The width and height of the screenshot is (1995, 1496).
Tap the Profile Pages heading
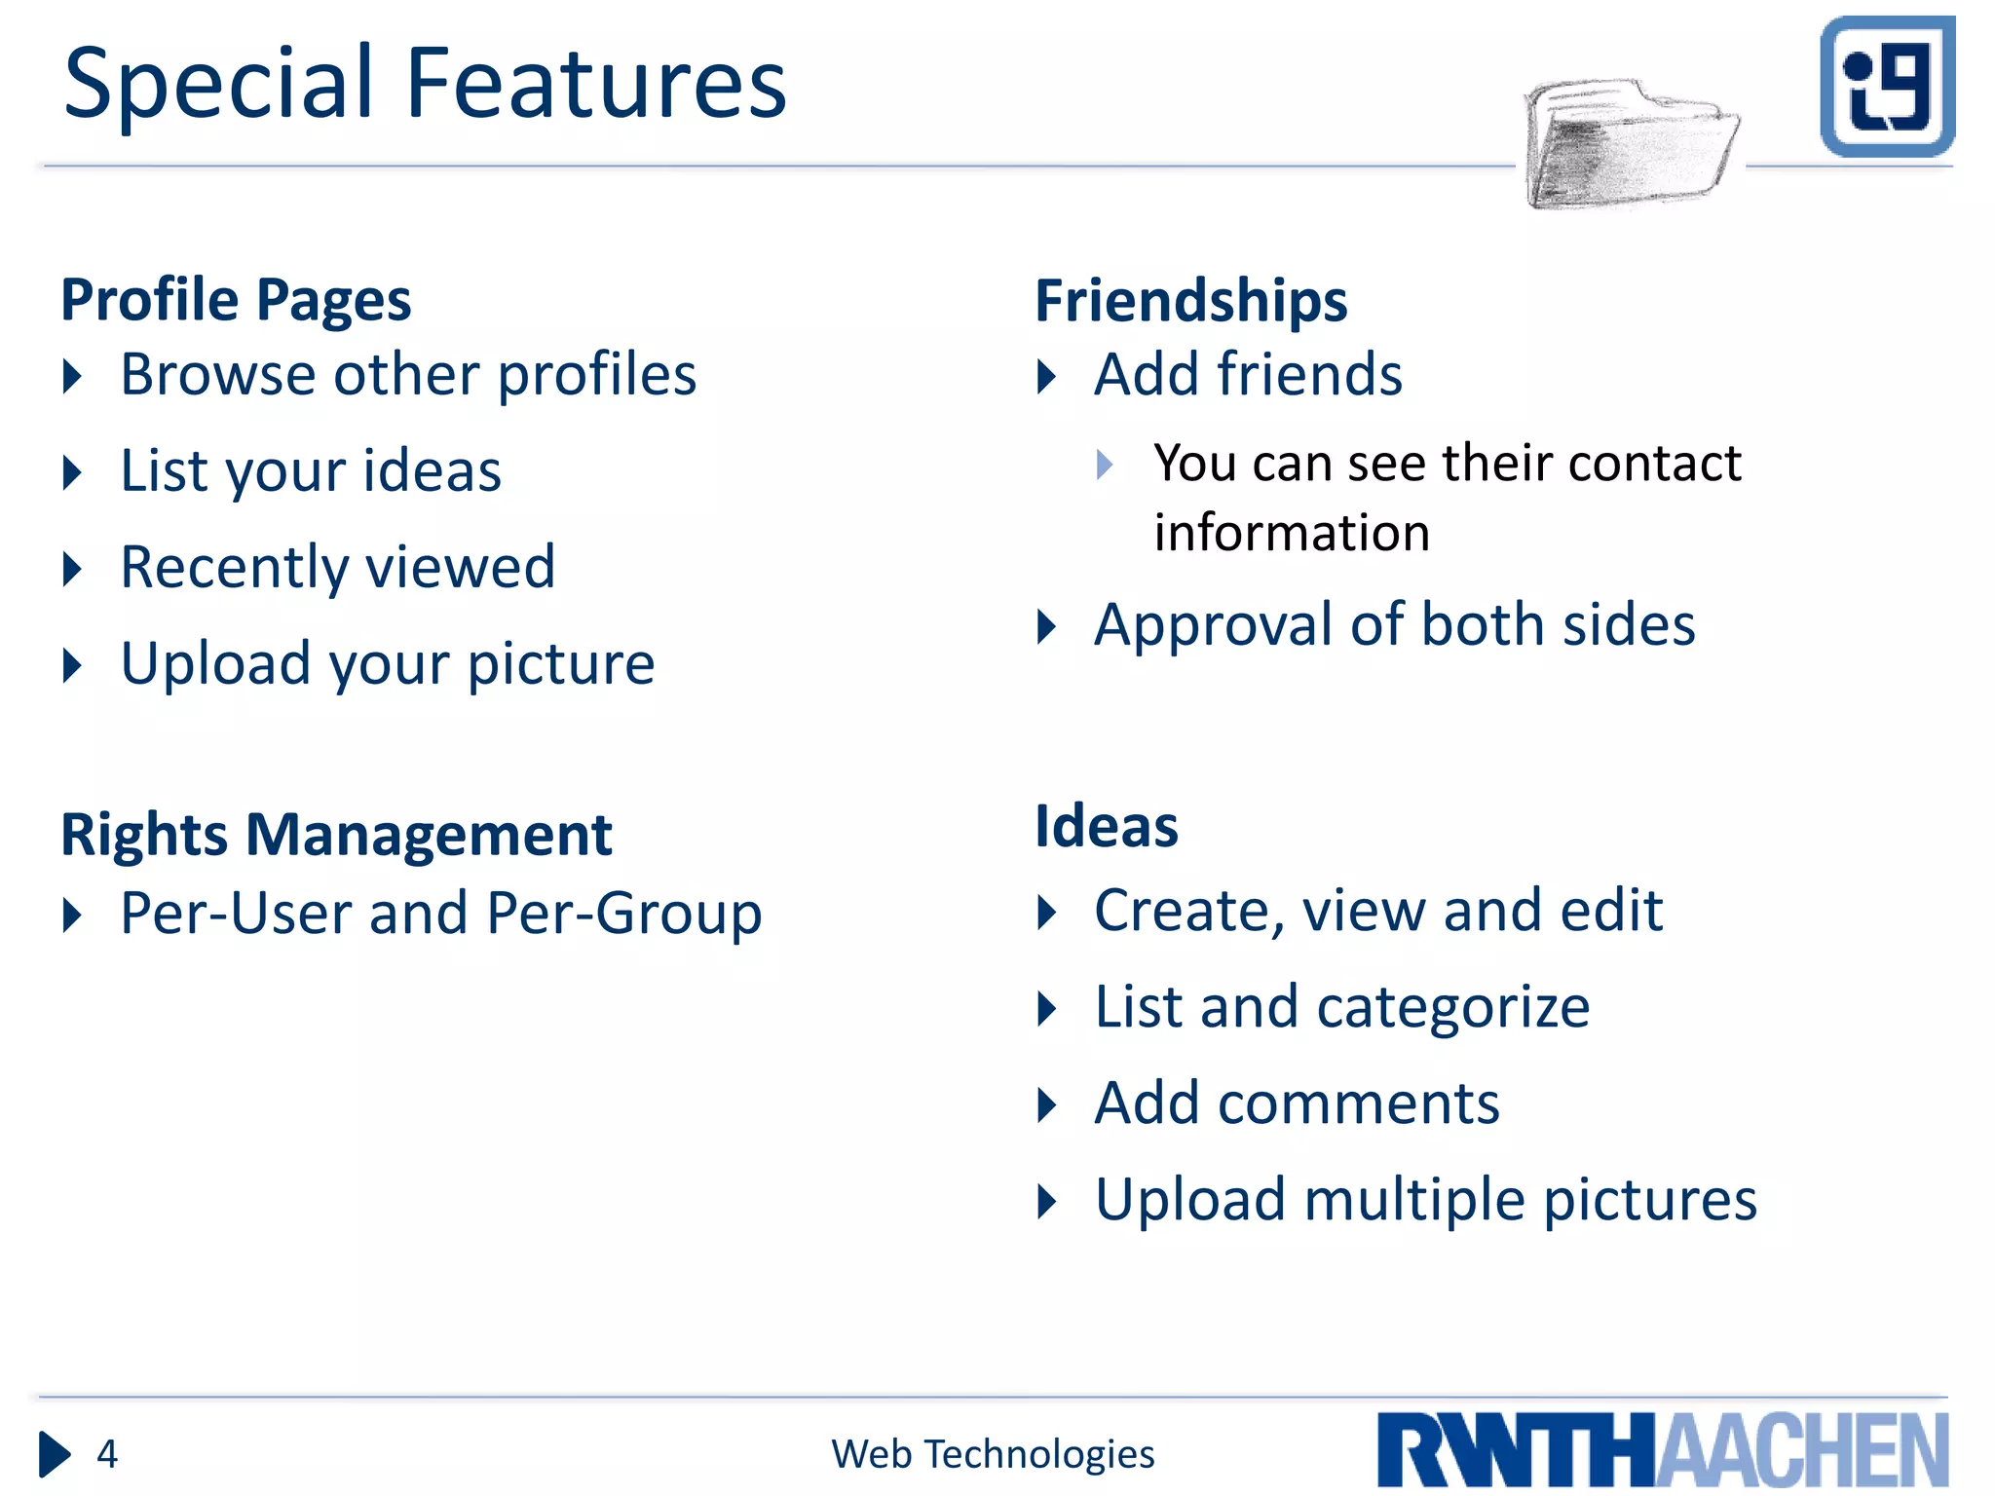click(x=236, y=299)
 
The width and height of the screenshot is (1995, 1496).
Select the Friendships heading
click(x=1190, y=300)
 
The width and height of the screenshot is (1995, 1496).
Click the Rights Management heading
click(x=336, y=835)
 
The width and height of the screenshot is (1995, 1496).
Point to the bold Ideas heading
click(x=1107, y=827)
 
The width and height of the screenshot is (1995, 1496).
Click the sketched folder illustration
click(x=1631, y=144)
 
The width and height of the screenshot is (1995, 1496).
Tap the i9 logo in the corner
click(x=1887, y=87)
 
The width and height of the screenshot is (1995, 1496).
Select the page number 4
click(x=107, y=1454)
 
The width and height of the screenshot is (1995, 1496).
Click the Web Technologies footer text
click(x=993, y=1454)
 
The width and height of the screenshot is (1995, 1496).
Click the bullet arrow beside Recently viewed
click(x=72, y=569)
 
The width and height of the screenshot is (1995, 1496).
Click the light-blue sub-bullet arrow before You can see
click(x=1105, y=464)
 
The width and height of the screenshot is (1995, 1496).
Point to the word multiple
click(x=1414, y=1200)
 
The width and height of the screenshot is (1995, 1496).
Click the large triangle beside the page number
click(x=55, y=1454)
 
